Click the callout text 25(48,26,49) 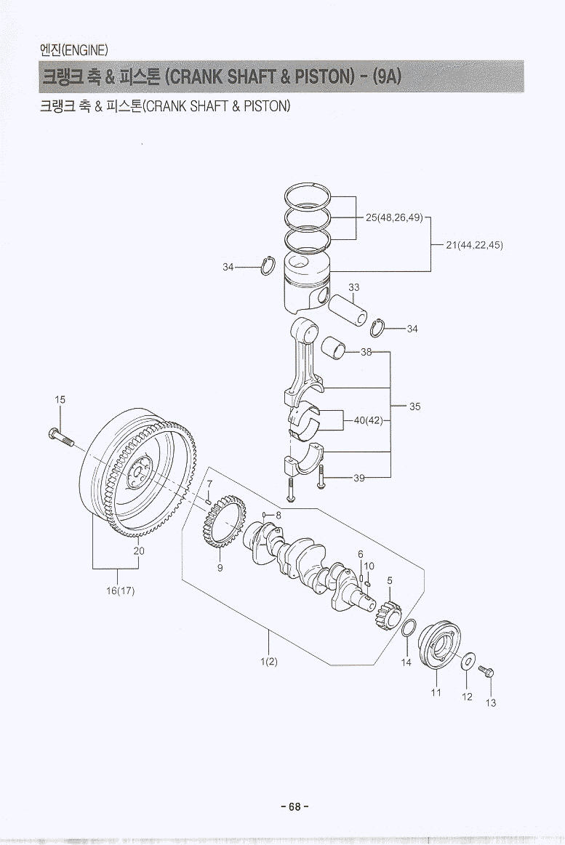[394, 217]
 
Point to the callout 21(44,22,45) [474, 245]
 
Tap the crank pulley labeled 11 [441, 644]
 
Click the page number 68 [294, 806]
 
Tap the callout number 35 [414, 407]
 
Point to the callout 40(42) [368, 420]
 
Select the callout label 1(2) [269, 662]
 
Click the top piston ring [308, 194]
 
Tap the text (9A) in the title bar [387, 77]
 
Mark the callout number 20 [139, 550]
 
